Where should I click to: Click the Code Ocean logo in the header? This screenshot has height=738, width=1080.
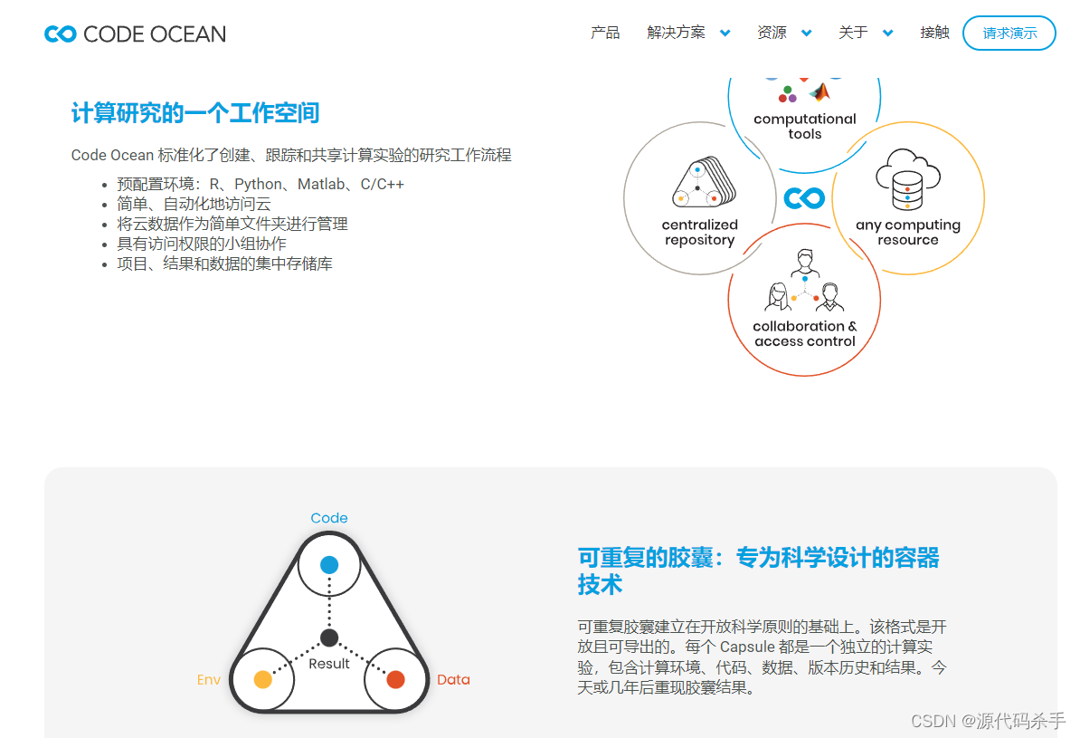click(x=135, y=34)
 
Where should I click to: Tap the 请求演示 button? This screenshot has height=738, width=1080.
click(x=1009, y=34)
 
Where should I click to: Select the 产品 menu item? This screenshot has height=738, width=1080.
click(x=605, y=33)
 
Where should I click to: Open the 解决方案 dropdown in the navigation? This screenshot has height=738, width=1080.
click(x=687, y=33)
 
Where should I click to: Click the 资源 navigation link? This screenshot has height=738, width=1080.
click(x=783, y=33)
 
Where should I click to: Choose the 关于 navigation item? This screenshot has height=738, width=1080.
click(x=865, y=33)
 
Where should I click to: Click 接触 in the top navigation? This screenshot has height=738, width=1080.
click(x=934, y=33)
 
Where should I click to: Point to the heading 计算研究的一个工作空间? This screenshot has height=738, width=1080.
click(x=195, y=113)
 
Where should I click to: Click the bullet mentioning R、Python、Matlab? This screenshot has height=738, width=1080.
click(x=261, y=184)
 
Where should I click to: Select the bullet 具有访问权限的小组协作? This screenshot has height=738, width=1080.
click(x=202, y=244)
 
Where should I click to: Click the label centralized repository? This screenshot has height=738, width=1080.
click(x=699, y=233)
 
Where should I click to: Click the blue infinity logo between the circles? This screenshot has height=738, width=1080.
click(x=804, y=197)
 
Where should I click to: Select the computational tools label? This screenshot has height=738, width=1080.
click(x=804, y=126)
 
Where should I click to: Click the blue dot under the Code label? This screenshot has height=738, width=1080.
click(x=329, y=564)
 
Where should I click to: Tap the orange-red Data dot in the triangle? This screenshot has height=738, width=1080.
click(x=395, y=679)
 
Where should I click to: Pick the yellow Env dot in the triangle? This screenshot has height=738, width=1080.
click(x=263, y=679)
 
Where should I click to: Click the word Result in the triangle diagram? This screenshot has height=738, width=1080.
click(x=329, y=664)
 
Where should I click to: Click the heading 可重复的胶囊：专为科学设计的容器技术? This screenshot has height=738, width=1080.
click(x=758, y=570)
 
